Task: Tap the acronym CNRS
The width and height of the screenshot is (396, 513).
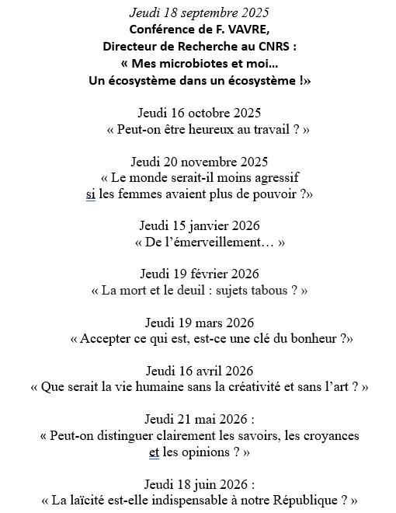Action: tap(279, 47)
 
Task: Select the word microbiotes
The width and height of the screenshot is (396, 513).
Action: tap(197, 64)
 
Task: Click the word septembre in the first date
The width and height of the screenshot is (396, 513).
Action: tap(209, 13)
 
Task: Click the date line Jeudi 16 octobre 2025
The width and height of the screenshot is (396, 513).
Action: tap(199, 113)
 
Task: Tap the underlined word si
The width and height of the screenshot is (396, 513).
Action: tap(90, 195)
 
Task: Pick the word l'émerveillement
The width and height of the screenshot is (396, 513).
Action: tap(214, 243)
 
